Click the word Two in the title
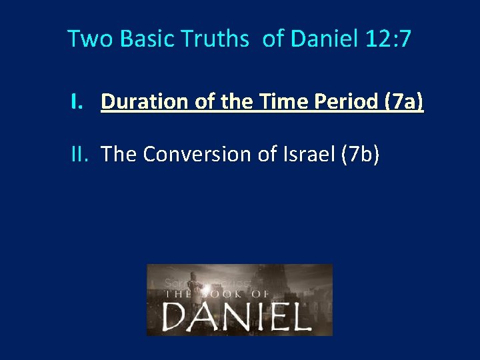83,39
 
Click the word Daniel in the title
325,39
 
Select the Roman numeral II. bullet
81,154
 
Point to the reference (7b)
360,154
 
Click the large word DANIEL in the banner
237,316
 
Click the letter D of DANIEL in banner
175,316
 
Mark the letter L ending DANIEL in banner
300,316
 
